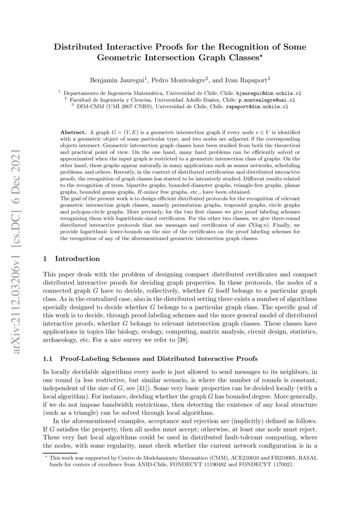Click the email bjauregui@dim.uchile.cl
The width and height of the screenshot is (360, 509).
pos(269,93)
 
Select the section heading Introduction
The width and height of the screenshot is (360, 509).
pos(77,259)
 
